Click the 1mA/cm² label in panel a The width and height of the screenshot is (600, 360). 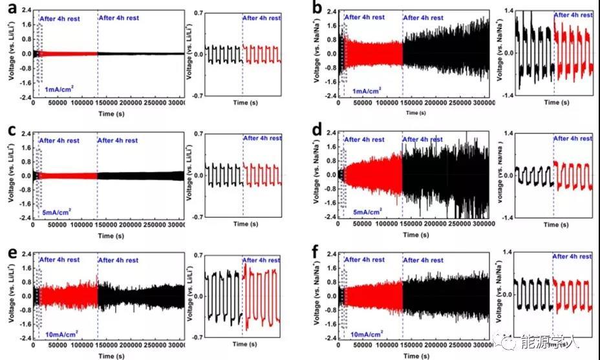click(x=57, y=90)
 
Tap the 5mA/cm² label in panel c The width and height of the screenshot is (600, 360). click(x=57, y=211)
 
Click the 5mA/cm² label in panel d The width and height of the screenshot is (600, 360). click(x=363, y=211)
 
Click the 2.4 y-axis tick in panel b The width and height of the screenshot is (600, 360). click(x=330, y=11)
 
